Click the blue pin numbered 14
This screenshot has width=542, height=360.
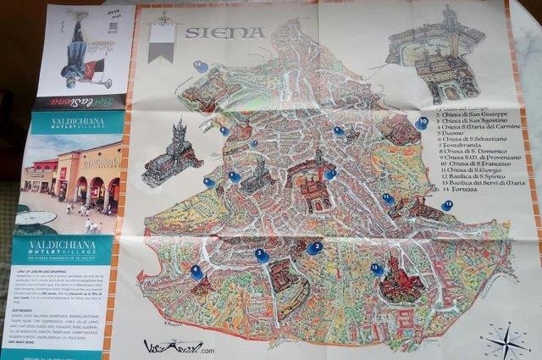[200, 65]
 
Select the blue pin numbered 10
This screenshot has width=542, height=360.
[422, 123]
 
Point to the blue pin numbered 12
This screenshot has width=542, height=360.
[446, 205]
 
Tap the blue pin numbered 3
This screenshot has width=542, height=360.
[262, 254]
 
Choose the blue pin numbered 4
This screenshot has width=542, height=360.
[196, 272]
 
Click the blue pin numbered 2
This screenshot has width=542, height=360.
[314, 247]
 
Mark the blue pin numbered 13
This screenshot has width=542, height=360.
[377, 269]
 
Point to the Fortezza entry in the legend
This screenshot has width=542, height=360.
[457, 190]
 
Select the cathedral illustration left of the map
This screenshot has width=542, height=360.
[173, 153]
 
